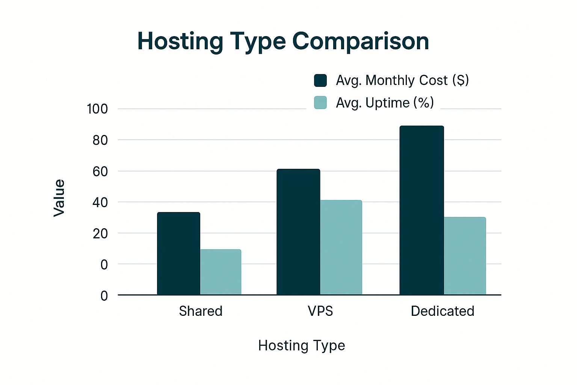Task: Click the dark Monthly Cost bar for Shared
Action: click(178, 253)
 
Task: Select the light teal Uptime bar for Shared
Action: click(221, 272)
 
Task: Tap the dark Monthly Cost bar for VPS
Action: click(298, 232)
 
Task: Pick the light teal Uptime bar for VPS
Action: click(341, 247)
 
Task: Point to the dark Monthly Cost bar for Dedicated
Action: click(421, 210)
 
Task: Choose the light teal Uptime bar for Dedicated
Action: click(465, 256)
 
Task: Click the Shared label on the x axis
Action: click(201, 311)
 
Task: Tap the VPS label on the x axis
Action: click(320, 311)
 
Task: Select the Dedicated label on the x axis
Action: click(442, 311)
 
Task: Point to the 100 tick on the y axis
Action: click(97, 109)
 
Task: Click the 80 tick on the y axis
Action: click(100, 140)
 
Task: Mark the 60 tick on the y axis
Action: click(100, 171)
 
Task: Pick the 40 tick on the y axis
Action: click(100, 203)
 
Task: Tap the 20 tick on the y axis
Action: click(100, 233)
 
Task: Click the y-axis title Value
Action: click(59, 198)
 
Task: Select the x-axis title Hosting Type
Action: click(301, 346)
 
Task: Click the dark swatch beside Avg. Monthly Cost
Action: click(320, 80)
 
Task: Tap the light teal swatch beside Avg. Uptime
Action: click(320, 103)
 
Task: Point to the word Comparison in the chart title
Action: click(361, 41)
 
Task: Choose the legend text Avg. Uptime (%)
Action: click(385, 103)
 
